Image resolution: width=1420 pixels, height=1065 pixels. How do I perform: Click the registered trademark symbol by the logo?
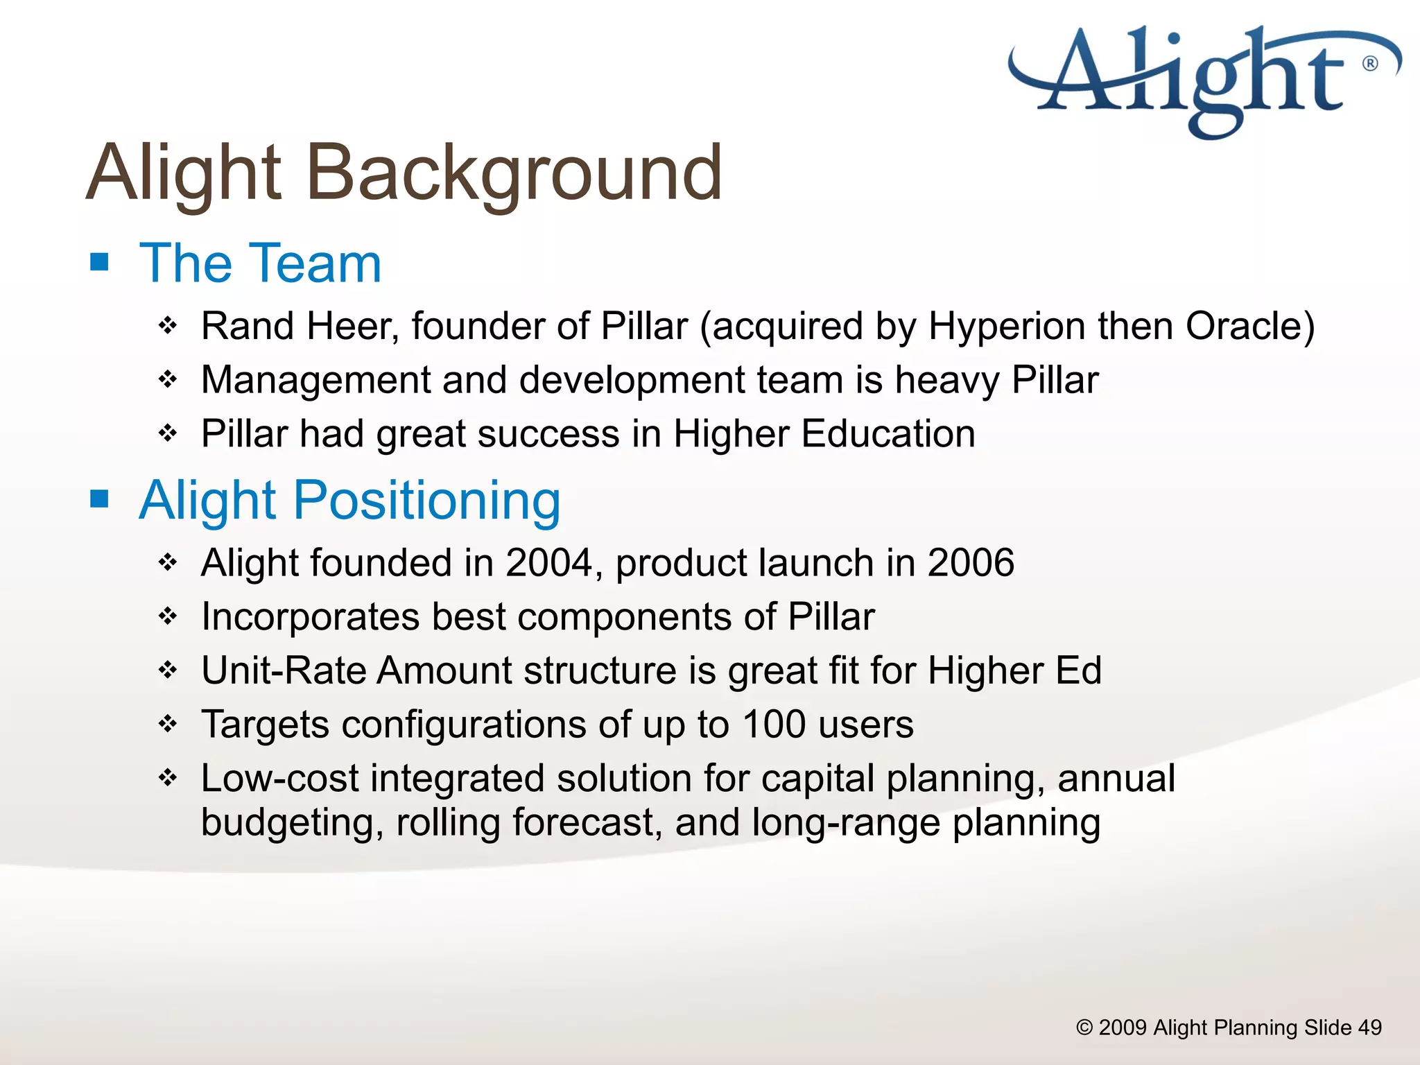click(x=1370, y=64)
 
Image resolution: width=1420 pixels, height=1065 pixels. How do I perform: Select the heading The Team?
click(x=260, y=263)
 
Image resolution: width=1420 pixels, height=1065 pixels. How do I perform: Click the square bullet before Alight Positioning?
click(x=100, y=499)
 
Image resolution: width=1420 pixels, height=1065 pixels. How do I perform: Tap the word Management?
click(x=315, y=380)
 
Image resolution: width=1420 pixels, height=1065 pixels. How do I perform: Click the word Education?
click(x=888, y=434)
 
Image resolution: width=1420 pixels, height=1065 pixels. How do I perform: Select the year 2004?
click(x=548, y=562)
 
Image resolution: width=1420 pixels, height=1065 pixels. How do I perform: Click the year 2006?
click(x=971, y=562)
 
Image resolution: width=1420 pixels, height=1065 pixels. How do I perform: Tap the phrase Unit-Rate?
click(x=284, y=670)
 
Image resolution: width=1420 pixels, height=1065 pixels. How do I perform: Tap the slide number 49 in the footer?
click(x=1369, y=1028)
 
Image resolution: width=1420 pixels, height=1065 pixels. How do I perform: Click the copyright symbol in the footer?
click(x=1084, y=1028)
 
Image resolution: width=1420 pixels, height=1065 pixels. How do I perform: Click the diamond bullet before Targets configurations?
click(x=168, y=725)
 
